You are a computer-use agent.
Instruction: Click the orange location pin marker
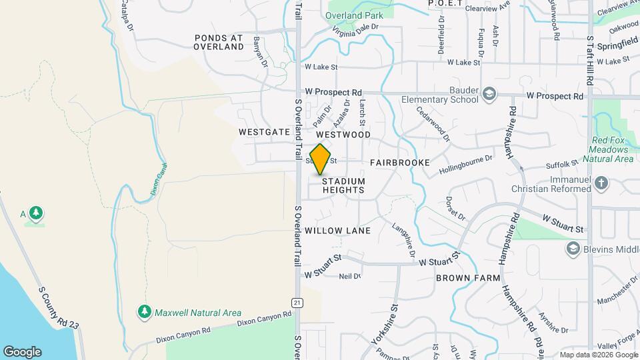(x=321, y=159)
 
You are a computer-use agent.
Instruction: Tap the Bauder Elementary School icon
(x=490, y=93)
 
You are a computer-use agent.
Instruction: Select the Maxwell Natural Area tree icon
(x=144, y=311)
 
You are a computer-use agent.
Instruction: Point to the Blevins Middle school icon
(x=572, y=249)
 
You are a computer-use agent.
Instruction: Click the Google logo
(x=22, y=351)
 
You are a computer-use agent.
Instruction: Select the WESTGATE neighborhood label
(x=264, y=132)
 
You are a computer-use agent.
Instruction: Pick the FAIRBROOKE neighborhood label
(x=400, y=163)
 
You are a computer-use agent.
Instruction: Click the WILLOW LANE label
(x=337, y=231)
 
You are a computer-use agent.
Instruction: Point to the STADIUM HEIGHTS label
(x=343, y=185)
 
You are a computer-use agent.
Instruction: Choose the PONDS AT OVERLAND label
(x=219, y=43)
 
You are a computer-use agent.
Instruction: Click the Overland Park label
(x=353, y=15)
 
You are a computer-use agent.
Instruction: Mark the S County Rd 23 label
(x=59, y=308)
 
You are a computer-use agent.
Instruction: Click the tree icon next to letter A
(x=35, y=213)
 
